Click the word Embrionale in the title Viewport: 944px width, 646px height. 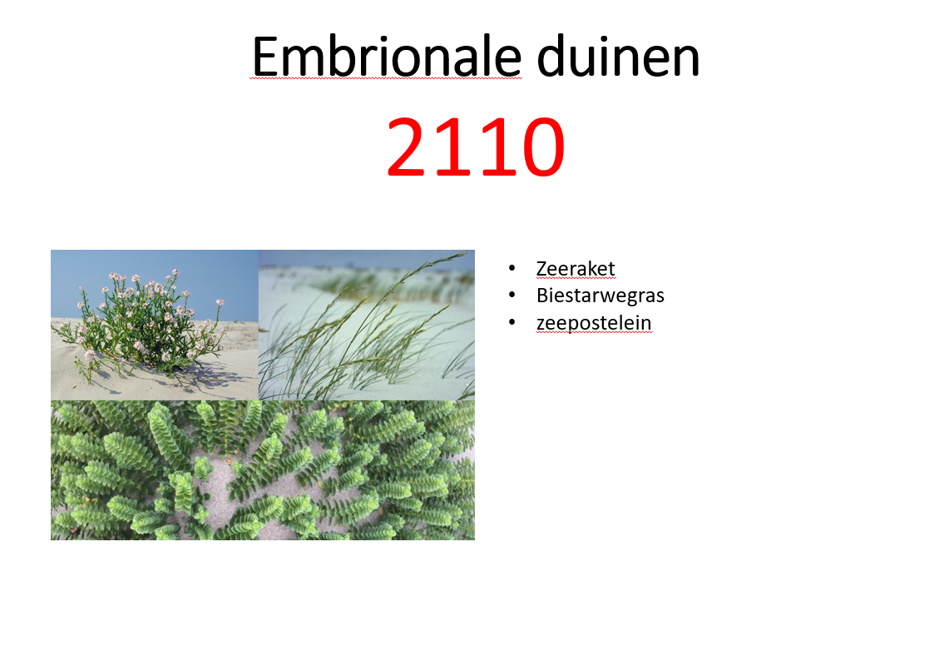386,58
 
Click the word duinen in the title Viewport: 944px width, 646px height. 617,58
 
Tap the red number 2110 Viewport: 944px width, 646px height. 475,148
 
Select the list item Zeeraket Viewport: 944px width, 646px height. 576,268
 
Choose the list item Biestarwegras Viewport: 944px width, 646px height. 601,295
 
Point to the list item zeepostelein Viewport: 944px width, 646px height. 594,322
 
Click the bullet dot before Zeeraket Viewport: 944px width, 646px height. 512,269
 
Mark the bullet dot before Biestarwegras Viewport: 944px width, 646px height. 512,296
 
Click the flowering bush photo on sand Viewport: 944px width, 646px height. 154,325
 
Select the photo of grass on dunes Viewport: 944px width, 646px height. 367,325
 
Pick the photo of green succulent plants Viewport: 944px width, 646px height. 263,470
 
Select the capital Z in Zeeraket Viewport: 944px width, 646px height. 542,268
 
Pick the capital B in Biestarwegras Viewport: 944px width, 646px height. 542,295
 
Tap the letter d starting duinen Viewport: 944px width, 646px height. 551,58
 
